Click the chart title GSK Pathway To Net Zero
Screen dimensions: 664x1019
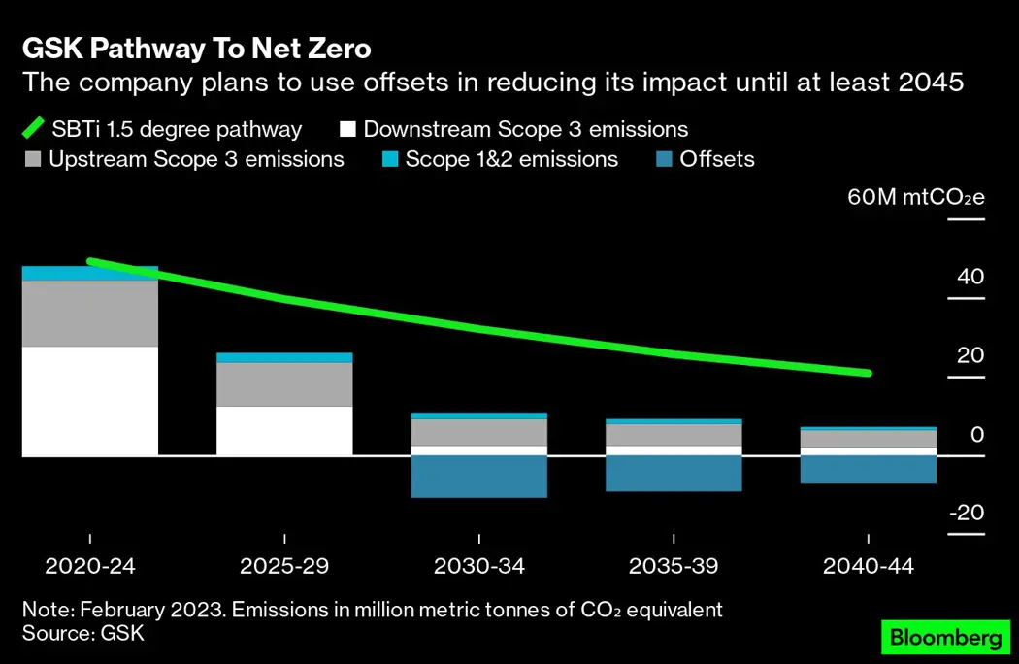[197, 48]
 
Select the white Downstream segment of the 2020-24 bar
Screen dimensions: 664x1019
[90, 401]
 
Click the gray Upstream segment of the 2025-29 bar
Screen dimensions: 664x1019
[284, 383]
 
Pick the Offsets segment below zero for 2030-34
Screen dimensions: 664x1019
[479, 477]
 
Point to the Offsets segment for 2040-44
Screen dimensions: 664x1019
[869, 469]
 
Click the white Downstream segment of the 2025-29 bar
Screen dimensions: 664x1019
[284, 431]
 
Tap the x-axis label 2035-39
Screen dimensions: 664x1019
[674, 566]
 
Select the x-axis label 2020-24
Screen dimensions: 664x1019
[89, 566]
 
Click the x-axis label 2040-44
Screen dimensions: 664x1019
[869, 566]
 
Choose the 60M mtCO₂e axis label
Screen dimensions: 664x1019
[916, 197]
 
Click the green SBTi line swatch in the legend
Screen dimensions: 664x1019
[34, 129]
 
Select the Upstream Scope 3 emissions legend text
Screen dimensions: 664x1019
[196, 159]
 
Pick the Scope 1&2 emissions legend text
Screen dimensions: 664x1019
[511, 159]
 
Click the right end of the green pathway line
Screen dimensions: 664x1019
[868, 373]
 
